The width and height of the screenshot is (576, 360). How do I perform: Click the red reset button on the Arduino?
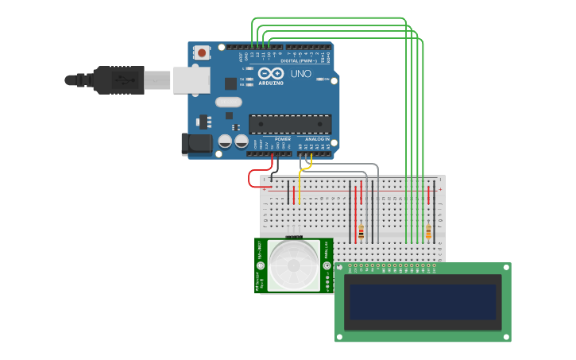click(202, 53)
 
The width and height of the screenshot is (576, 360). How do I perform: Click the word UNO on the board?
click(300, 73)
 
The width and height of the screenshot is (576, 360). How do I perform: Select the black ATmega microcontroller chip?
click(290, 124)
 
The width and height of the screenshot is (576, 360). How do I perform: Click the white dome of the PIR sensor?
click(294, 265)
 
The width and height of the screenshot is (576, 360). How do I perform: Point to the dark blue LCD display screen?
click(422, 302)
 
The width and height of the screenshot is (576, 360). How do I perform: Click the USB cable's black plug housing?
click(119, 79)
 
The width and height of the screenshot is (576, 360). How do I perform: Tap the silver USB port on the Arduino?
click(191, 79)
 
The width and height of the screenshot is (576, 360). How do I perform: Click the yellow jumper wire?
click(300, 183)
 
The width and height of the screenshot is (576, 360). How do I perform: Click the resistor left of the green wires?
click(361, 231)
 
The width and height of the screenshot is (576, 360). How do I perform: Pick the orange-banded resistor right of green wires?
click(428, 231)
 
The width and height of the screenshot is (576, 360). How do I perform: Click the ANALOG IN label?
click(317, 139)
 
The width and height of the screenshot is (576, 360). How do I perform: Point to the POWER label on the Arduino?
click(282, 139)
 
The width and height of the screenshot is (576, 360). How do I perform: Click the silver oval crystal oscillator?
click(228, 102)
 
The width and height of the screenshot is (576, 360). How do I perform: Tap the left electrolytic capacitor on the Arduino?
click(225, 141)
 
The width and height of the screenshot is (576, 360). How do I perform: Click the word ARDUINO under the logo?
click(271, 82)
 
